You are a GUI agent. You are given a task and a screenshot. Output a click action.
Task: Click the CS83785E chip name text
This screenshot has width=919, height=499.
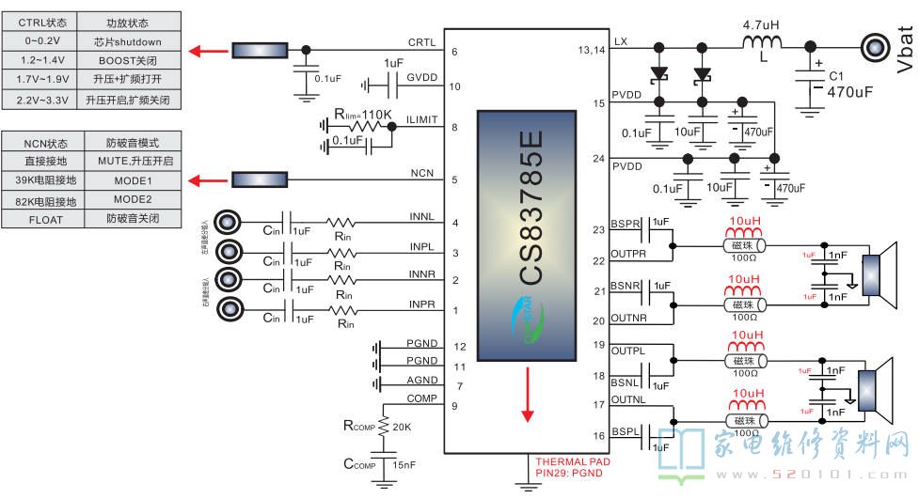coord(531,209)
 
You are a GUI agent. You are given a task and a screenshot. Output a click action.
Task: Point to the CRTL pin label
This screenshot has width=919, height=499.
coord(421,42)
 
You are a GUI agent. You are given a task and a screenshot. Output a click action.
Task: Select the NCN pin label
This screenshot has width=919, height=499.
coord(421,174)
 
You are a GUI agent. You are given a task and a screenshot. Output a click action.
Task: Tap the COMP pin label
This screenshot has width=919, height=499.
coord(421,398)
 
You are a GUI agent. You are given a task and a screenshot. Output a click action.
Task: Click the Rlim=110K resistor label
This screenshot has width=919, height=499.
coord(361,115)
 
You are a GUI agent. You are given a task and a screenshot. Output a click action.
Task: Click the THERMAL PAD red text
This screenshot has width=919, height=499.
coord(573,462)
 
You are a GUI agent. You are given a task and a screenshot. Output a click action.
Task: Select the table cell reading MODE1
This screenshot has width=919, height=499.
coord(133,179)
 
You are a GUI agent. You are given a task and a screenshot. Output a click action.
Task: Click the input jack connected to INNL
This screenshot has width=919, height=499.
coord(228,223)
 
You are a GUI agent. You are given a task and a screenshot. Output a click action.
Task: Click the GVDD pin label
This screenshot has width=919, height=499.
coord(421,77)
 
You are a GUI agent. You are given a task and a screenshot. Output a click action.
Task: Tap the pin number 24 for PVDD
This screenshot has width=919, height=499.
coord(599,159)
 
